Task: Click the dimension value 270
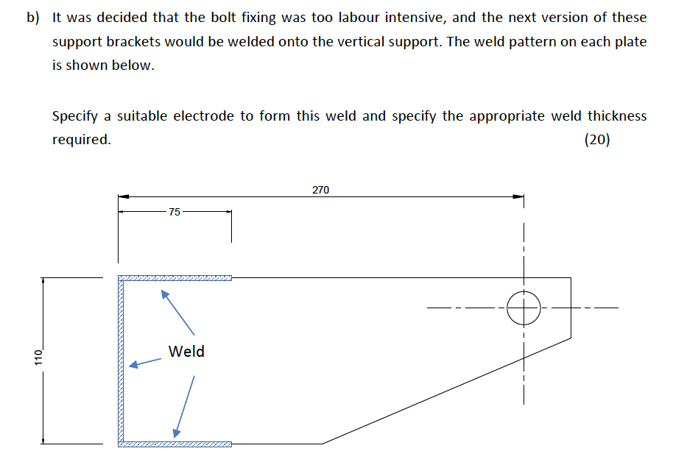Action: (320, 190)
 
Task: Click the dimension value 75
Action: (174, 213)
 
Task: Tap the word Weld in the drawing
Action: (186, 352)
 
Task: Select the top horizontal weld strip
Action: (175, 278)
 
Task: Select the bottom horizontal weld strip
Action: (175, 444)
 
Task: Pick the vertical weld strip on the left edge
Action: (121, 360)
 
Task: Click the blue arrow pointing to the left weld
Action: (145, 363)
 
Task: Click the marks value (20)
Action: (597, 140)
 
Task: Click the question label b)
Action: (34, 18)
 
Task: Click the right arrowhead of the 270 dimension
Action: (518, 196)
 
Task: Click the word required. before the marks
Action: (82, 140)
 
